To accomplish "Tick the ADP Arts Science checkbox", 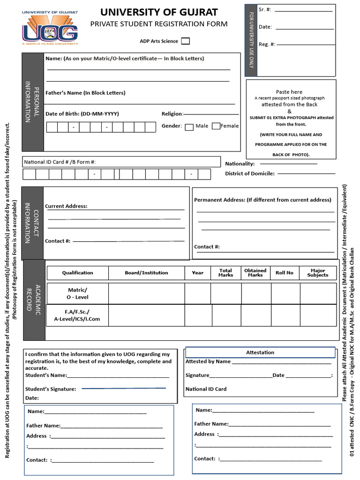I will click(186, 41).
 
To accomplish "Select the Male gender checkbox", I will click(189, 127).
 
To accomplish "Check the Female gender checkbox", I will click(216, 126).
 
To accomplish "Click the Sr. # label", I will click(265, 9).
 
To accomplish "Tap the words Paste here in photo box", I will click(289, 92).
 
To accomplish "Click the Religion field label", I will click(172, 114).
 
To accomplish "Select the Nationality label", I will click(240, 164).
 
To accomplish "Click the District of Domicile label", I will click(250, 174).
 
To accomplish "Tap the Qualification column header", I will click(77, 273).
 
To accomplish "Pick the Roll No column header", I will click(285, 273).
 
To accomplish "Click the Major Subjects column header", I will click(318, 273).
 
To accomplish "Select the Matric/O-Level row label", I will click(77, 293).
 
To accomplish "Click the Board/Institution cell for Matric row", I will click(146, 293).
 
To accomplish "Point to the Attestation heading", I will click(260, 352).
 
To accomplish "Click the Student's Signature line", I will click(124, 388).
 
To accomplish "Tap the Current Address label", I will click(66, 206).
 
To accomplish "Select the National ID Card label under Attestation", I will click(206, 389).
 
